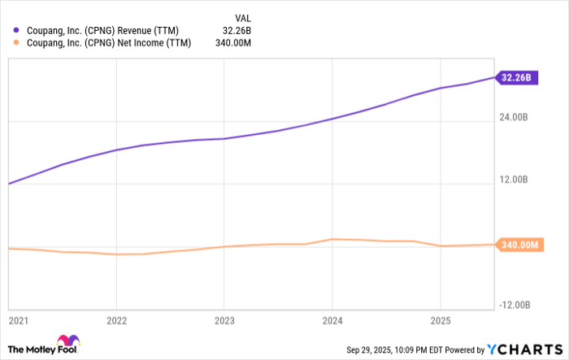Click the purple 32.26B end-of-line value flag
[517, 78]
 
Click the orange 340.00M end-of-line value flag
[518, 245]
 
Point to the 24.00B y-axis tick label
[514, 118]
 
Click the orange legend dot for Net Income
[17, 43]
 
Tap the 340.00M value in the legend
[236, 43]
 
